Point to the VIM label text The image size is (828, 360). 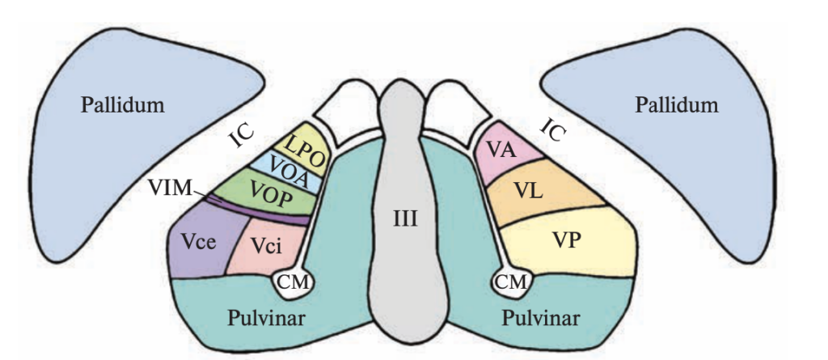[171, 189]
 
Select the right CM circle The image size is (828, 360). [512, 281]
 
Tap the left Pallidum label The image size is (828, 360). [122, 104]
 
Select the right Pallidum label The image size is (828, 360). [676, 104]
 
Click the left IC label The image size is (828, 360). [242, 138]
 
